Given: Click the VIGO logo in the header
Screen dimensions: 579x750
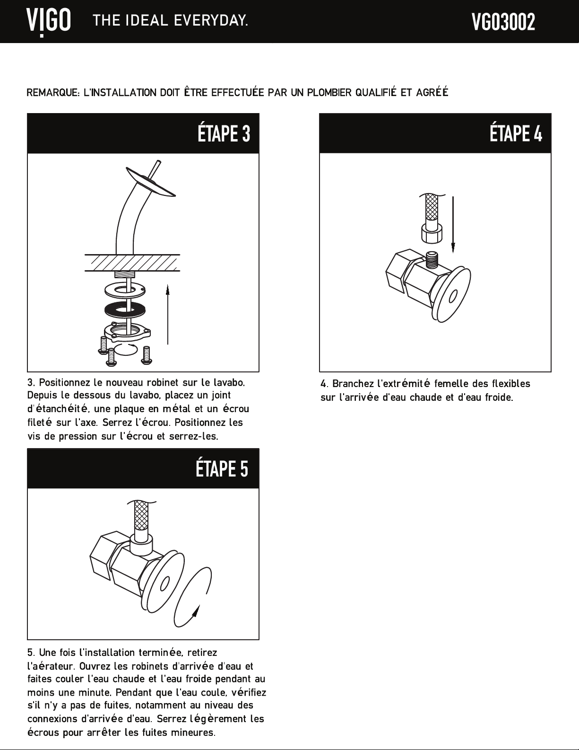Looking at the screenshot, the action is point(49,23).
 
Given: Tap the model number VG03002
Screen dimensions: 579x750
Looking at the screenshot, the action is point(503,22).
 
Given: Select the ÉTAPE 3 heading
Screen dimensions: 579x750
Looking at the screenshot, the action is point(224,133).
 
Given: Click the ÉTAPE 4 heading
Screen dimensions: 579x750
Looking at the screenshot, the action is point(516,133).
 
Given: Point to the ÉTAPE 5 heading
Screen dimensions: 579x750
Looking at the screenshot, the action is point(222,468).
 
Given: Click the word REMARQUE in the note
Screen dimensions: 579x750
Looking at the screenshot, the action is point(53,92).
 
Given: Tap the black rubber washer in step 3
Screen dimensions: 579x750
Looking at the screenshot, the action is point(124,309).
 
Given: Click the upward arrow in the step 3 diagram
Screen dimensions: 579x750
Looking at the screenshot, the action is point(167,314).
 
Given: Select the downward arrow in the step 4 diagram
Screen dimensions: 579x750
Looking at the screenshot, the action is point(453,224).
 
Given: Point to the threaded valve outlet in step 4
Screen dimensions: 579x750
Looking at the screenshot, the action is point(431,260).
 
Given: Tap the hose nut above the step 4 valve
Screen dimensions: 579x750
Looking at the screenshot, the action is point(432,233).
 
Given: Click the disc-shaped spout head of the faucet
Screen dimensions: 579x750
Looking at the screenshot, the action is point(151,182).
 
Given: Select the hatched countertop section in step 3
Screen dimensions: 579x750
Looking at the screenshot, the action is point(132,263).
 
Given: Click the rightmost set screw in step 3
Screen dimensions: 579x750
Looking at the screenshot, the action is point(147,355).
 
